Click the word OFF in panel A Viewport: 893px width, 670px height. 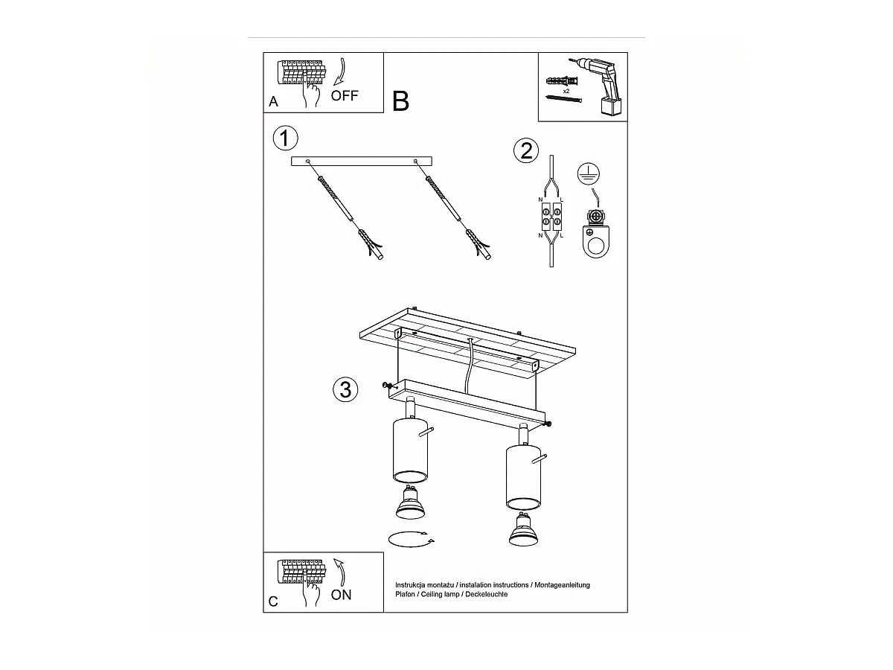[345, 95]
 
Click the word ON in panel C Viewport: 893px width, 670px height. [341, 595]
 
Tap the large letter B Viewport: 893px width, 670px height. [400, 101]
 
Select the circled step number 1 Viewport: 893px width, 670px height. [285, 138]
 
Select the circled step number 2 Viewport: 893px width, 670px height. [526, 151]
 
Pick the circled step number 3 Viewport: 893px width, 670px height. [345, 389]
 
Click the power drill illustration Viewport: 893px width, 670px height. [598, 86]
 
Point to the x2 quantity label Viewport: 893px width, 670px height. [566, 91]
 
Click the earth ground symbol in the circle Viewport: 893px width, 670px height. [589, 174]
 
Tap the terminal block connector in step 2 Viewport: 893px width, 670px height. [551, 217]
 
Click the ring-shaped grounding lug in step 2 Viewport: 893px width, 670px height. [596, 240]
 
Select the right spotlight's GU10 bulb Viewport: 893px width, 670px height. [524, 529]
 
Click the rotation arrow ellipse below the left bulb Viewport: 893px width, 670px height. [412, 540]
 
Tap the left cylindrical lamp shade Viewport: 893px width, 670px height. [410, 450]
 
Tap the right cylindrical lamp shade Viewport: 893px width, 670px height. [524, 476]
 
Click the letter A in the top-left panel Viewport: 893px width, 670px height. [273, 101]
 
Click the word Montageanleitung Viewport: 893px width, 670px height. [562, 585]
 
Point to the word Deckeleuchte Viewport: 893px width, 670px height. [486, 594]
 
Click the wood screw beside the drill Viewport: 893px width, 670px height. [564, 99]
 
